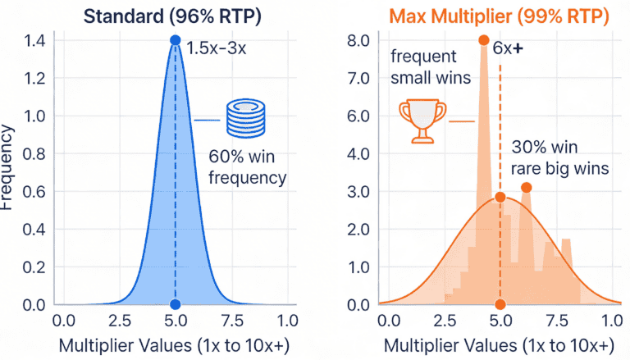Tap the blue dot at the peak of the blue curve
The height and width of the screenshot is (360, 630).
[x=175, y=40]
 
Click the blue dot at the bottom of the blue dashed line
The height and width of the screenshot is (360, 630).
[x=175, y=304]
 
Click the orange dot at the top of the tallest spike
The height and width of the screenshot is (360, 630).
[x=483, y=40]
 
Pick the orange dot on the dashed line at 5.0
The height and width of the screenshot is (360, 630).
[x=500, y=198]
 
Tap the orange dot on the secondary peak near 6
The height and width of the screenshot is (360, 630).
[x=526, y=188]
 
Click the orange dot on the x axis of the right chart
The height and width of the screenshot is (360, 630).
[x=500, y=304]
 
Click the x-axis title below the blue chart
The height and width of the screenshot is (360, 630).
[x=174, y=345]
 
